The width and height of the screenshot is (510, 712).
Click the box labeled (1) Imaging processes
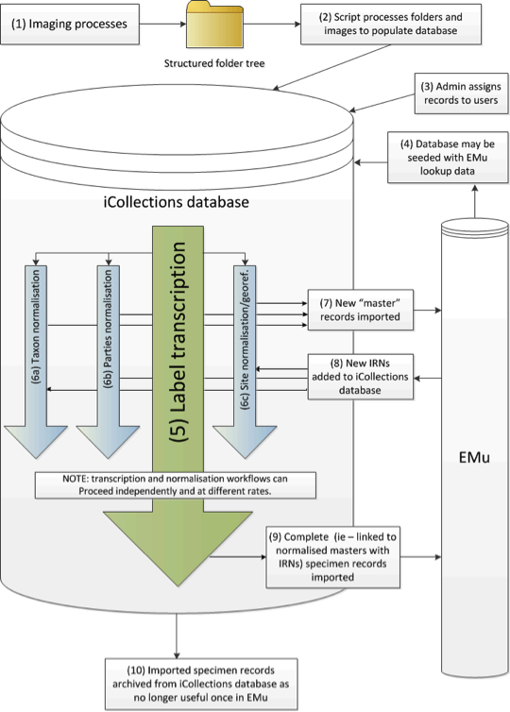tap(70, 24)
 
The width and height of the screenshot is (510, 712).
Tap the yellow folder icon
tap(214, 25)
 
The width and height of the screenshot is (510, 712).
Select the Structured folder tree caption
tap(214, 63)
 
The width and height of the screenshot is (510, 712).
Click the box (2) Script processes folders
tap(391, 24)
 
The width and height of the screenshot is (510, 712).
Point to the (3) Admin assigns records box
tap(461, 93)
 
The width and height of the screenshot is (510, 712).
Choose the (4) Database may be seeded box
tap(448, 158)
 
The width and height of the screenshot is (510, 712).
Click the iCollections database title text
tap(177, 202)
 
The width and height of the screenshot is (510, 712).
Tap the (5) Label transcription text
tap(178, 342)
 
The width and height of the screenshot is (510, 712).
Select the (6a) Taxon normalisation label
tap(36, 328)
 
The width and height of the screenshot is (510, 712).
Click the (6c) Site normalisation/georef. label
tap(245, 338)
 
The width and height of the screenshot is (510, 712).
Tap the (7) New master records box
tap(361, 310)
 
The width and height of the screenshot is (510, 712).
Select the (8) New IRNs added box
tap(361, 377)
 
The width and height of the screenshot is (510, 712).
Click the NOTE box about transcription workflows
tap(176, 485)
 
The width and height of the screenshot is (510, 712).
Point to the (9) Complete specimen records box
tap(332, 557)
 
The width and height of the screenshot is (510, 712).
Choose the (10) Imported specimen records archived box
tap(201, 684)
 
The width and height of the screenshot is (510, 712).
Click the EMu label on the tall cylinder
tap(474, 457)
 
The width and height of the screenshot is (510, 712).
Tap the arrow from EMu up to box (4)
tap(474, 201)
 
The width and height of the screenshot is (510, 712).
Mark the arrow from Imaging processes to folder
tap(162, 24)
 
